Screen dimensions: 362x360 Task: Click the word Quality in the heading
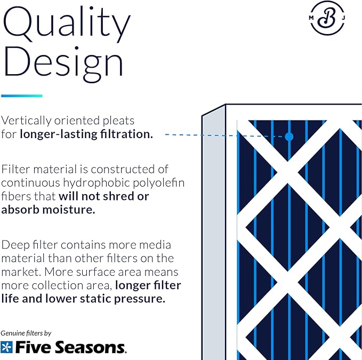point(67,25)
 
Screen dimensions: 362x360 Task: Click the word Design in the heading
point(63,63)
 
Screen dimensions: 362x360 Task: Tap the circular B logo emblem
point(327,18)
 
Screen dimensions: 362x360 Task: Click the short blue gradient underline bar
point(22,95)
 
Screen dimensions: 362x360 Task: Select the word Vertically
point(26,121)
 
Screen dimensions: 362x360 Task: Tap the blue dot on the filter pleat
point(289,137)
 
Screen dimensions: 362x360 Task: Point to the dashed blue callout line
point(225,135)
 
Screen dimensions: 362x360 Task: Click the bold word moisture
point(69,210)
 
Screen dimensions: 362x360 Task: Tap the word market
point(20,272)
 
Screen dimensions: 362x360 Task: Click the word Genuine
point(13,333)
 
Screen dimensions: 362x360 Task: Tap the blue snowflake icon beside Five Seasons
point(6,347)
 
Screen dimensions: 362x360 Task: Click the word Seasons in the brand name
point(90,347)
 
